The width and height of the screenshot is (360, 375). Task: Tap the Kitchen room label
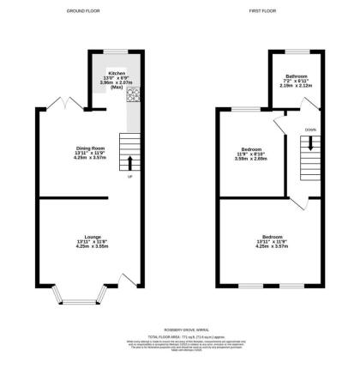pyautogui.click(x=117, y=75)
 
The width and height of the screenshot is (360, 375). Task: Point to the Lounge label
pyautogui.click(x=90, y=241)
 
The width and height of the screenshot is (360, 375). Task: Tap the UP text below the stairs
pyautogui.click(x=130, y=178)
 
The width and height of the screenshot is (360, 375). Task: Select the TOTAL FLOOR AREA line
pyautogui.click(x=179, y=336)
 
